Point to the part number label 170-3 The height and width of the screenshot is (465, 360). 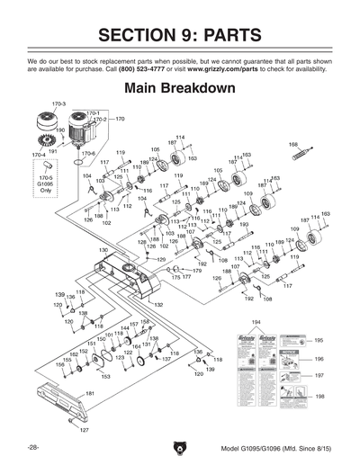[x=58, y=105]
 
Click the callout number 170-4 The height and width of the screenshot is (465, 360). [x=38, y=156]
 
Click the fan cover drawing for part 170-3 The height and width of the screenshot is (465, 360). [x=46, y=126]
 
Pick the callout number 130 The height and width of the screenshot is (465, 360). [x=103, y=249]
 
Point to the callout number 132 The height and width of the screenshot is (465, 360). [x=158, y=305]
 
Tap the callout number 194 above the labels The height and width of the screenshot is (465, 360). [x=256, y=321]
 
